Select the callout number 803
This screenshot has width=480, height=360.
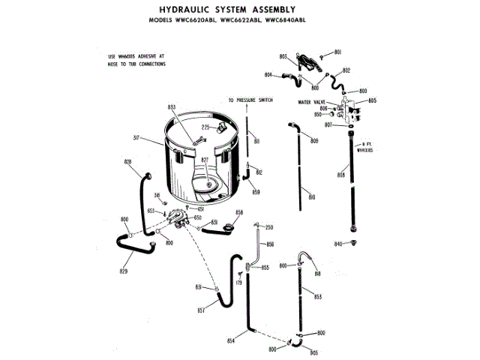click(283, 57)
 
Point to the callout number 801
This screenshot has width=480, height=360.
click(337, 52)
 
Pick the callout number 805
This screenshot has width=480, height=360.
click(372, 100)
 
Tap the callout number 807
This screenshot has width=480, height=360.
click(328, 124)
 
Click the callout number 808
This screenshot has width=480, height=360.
click(340, 175)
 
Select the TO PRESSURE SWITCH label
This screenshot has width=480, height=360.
click(250, 100)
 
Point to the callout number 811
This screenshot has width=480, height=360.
click(256, 142)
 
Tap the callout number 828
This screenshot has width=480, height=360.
click(127, 162)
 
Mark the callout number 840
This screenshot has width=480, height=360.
click(338, 244)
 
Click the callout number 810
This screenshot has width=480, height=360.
click(312, 196)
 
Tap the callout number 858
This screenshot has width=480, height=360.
click(239, 213)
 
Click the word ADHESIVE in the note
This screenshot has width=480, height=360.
click(149, 56)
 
